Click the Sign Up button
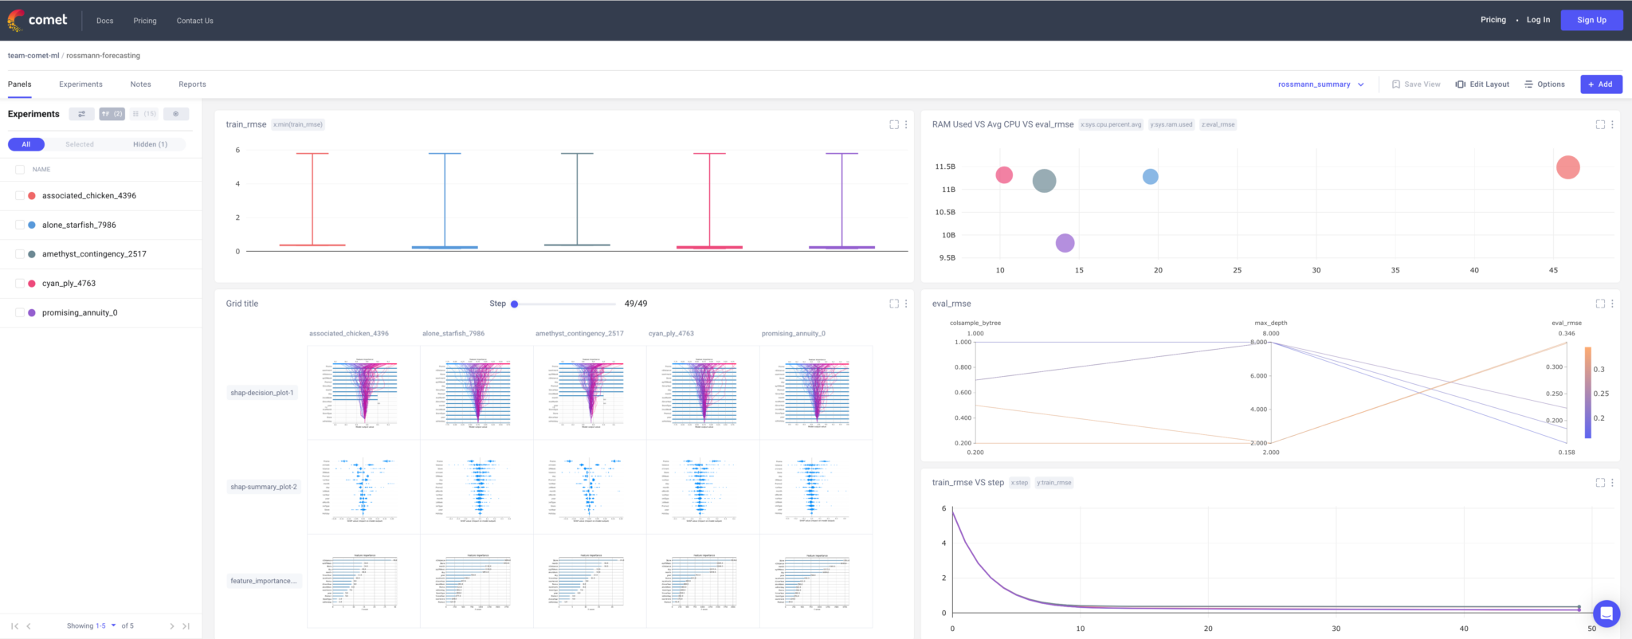tap(1591, 20)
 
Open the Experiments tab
tap(80, 84)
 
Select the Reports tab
tap(192, 84)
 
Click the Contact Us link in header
tap(194, 21)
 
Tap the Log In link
tap(1538, 20)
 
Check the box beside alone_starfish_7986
tap(20, 225)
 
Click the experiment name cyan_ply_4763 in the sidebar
tap(69, 284)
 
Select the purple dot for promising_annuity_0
tap(32, 313)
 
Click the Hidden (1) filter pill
tap(150, 144)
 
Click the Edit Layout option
tap(1482, 84)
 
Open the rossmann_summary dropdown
tap(1320, 84)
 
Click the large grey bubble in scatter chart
tap(1044, 181)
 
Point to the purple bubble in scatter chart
tap(1065, 243)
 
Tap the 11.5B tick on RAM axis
tap(945, 167)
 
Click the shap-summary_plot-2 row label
tap(263, 487)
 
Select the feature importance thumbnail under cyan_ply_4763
tap(702, 581)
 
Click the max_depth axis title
tap(1270, 323)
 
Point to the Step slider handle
tap(515, 304)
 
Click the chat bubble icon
tap(1606, 614)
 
